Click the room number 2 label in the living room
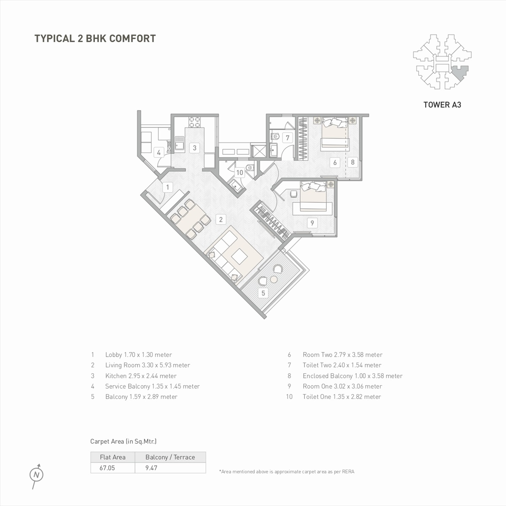pyautogui.click(x=221, y=219)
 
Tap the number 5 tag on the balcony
pyautogui.click(x=263, y=293)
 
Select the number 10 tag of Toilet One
pyautogui.click(x=240, y=172)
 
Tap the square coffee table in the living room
pyautogui.click(x=239, y=256)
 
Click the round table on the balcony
pyautogui.click(x=274, y=280)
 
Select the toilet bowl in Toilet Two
pyautogui.click(x=275, y=136)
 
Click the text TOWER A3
pyautogui.click(x=442, y=105)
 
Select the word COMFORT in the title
pyautogui.click(x=132, y=39)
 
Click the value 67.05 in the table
pyautogui.click(x=107, y=468)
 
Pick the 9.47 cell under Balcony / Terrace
pyautogui.click(x=151, y=468)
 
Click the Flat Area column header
pyautogui.click(x=113, y=457)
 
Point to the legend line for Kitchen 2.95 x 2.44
pyautogui.click(x=141, y=376)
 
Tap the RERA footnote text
pyautogui.click(x=287, y=471)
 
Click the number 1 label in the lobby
pyautogui.click(x=167, y=187)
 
